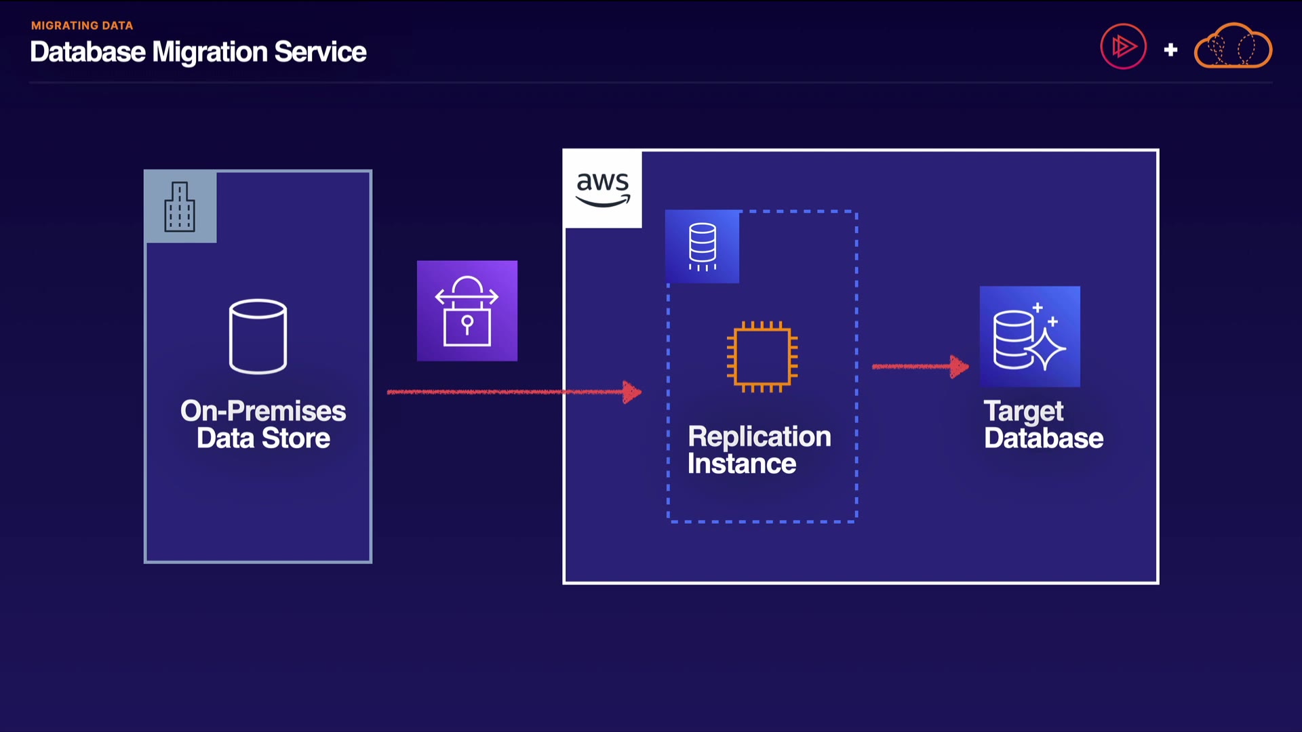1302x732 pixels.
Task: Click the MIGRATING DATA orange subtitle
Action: (x=82, y=26)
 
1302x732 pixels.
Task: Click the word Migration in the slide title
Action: (x=210, y=52)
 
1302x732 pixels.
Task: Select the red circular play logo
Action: (x=1123, y=47)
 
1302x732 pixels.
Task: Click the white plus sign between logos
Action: (x=1170, y=49)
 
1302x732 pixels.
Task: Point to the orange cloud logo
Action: (x=1233, y=46)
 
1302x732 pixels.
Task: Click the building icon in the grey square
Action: (x=180, y=207)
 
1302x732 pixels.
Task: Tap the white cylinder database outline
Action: (x=258, y=336)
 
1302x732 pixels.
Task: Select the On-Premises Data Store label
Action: (x=263, y=424)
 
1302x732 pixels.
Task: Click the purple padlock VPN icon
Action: (x=467, y=310)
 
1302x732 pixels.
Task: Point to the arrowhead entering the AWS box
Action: (x=632, y=392)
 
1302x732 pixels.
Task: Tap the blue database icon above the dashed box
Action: (x=702, y=246)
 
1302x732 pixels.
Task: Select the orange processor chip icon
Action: (x=762, y=357)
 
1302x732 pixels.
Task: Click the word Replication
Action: (x=759, y=436)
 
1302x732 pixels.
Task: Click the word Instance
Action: (x=741, y=464)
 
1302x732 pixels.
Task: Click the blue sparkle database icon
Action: (x=1029, y=337)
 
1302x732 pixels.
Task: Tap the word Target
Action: (x=1023, y=411)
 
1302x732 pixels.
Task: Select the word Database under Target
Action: (x=1044, y=439)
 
